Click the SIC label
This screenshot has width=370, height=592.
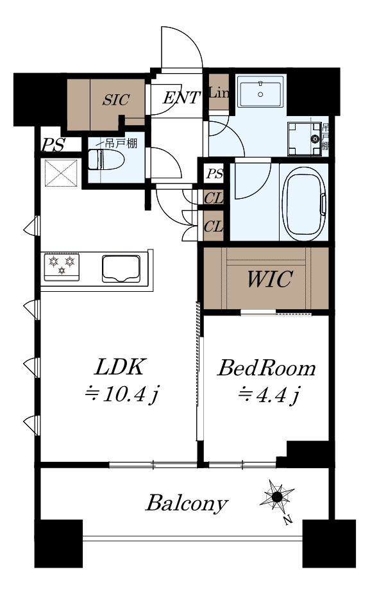pos(116,99)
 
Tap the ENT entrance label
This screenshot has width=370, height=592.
pos(181,98)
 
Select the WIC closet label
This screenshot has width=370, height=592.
pos(269,279)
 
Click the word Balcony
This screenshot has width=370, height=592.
pos(187,503)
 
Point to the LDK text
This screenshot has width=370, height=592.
pos(119,368)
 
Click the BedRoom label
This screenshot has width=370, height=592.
pos(266,368)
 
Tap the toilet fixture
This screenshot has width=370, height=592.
pos(106,160)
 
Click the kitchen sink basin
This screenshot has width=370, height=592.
pos(121,269)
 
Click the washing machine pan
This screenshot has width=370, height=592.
pos(305,139)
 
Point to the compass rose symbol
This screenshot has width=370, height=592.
pos(277,497)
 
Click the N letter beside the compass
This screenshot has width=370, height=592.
pos(288,520)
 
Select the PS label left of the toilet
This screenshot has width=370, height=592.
pos(53,145)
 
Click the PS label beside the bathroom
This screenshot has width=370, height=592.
pos(214,174)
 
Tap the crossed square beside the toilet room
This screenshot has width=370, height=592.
pos(62,173)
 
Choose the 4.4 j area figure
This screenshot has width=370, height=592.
pos(269,395)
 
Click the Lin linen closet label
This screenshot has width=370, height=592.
pos(219,93)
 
